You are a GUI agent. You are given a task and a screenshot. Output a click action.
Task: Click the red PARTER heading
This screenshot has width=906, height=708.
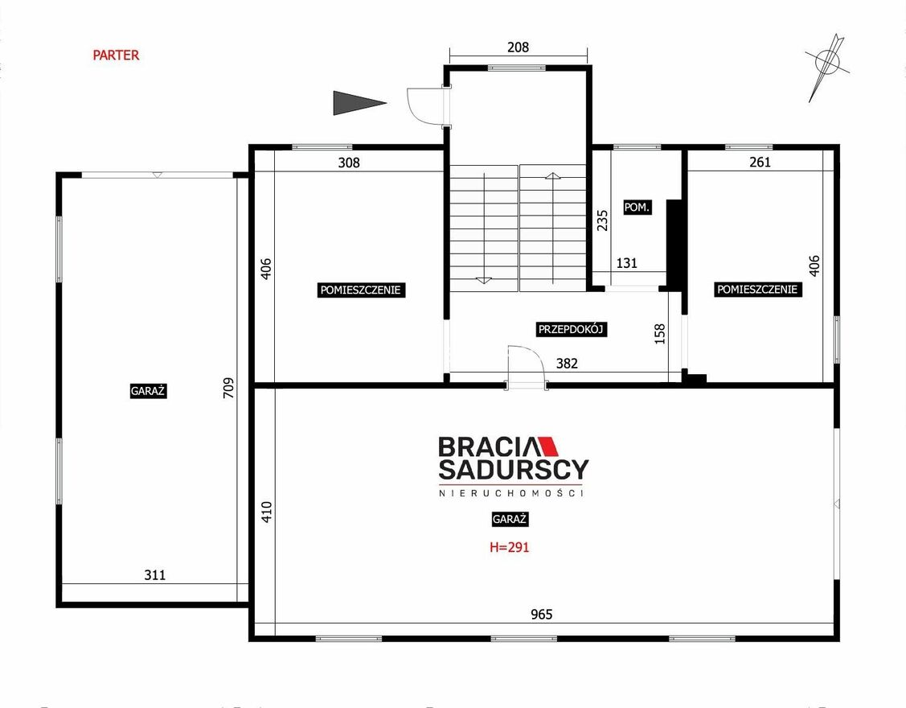tap(116, 55)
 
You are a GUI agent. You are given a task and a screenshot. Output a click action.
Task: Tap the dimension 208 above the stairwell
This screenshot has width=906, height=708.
tap(518, 47)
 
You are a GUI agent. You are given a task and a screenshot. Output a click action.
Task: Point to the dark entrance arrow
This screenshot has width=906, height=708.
tap(359, 103)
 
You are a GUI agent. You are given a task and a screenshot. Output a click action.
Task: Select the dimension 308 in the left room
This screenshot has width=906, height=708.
tap(349, 163)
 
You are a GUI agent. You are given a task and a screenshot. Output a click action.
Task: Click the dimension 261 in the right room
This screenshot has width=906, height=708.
tap(760, 162)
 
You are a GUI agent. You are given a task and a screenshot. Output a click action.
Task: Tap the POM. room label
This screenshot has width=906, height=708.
tap(637, 207)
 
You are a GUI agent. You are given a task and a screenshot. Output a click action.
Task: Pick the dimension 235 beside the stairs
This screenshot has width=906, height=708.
tap(602, 220)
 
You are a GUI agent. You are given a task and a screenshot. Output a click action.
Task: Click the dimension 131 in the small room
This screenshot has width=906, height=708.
tap(626, 263)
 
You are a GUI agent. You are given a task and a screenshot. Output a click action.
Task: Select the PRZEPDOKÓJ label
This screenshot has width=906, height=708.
tap(571, 330)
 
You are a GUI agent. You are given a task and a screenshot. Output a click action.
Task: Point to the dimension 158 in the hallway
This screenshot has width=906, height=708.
tap(660, 334)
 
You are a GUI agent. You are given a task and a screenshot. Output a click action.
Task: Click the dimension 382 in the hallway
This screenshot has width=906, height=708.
tap(567, 364)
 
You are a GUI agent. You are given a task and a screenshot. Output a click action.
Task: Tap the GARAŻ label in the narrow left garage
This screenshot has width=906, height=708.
tap(148, 391)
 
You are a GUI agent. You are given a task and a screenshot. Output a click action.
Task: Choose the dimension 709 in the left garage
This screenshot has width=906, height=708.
tap(229, 388)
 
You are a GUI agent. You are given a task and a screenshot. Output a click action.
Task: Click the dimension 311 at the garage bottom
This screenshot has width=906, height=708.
tap(155, 575)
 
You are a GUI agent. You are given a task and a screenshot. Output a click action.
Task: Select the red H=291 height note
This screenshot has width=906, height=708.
tap(509, 546)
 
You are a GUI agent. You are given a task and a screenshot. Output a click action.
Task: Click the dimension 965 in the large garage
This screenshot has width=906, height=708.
tap(541, 615)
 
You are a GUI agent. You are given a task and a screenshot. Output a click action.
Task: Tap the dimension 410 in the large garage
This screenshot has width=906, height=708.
tap(266, 512)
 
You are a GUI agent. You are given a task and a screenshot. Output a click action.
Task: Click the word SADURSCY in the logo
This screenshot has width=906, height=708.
tap(514, 470)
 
